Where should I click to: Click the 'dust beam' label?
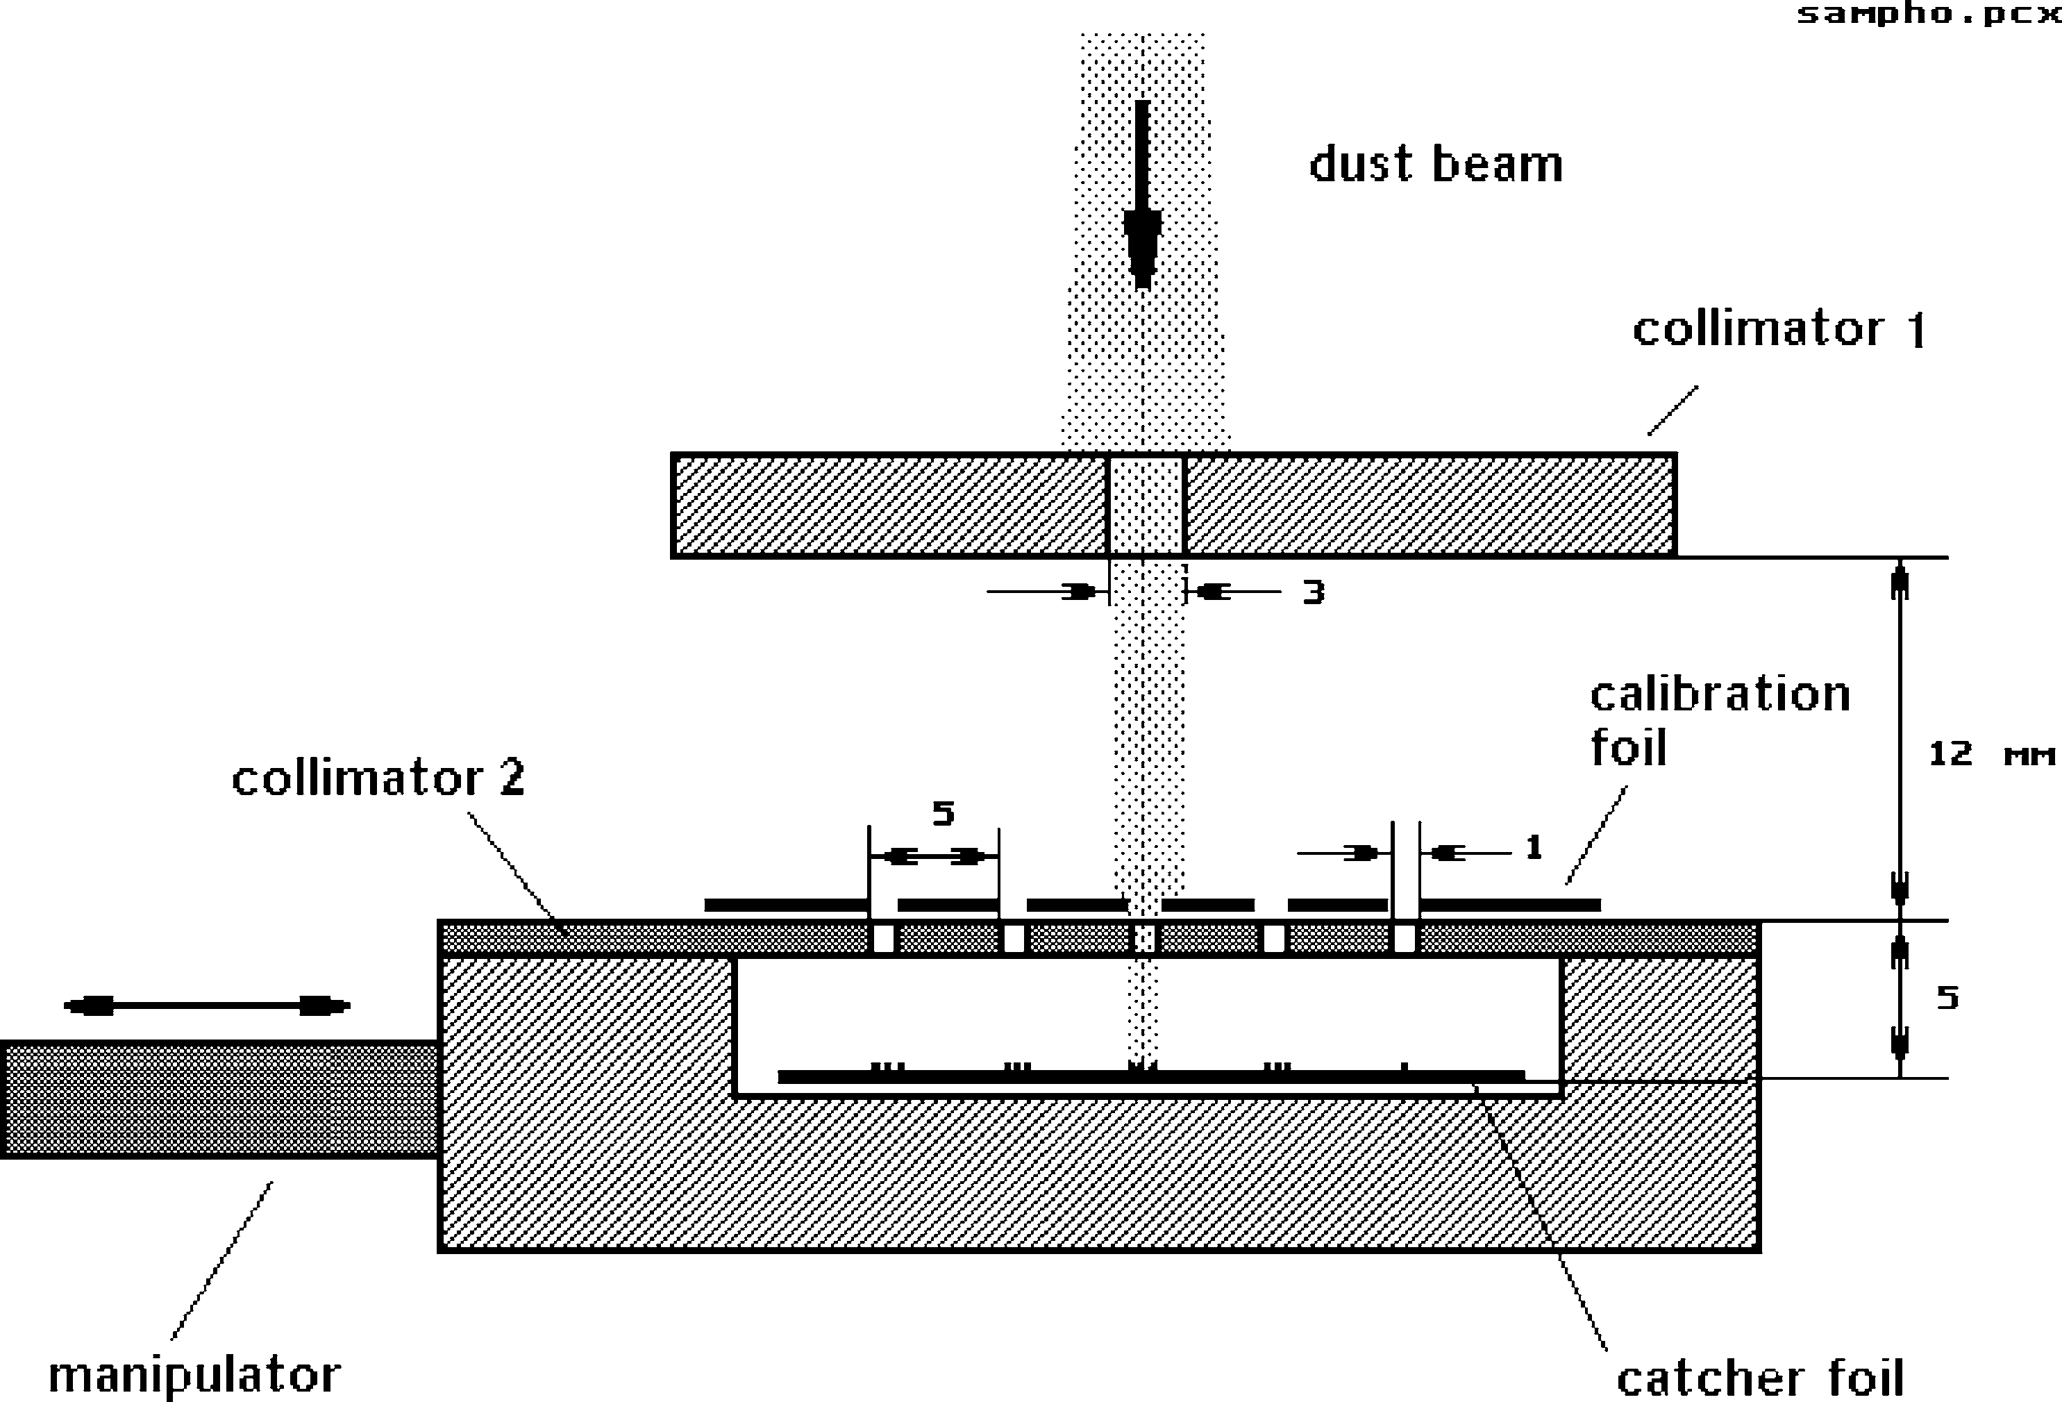coord(1436,165)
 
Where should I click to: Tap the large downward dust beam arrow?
coord(1142,195)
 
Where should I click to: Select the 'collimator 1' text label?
coord(1779,329)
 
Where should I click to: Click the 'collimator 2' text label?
coord(378,778)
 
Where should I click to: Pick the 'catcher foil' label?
coord(1760,1378)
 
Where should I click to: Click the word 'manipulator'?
coord(194,1374)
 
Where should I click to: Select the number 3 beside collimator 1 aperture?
coord(1313,592)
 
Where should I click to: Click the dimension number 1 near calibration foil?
coord(1533,849)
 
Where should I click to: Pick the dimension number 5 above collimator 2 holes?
coord(943,813)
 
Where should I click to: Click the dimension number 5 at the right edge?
coord(1947,999)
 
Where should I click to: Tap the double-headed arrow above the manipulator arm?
coord(208,1006)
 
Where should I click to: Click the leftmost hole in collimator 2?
coord(883,939)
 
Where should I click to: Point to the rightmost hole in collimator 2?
coord(1405,939)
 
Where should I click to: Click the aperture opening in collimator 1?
coord(1146,506)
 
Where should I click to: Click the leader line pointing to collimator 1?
coord(1673,410)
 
